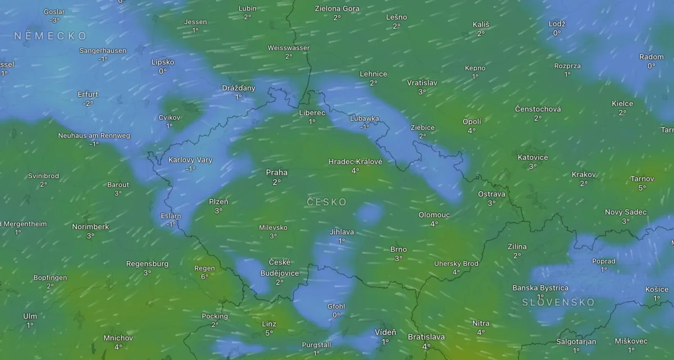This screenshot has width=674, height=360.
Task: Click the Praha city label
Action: (276, 172)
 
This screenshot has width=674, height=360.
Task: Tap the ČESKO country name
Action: (327, 202)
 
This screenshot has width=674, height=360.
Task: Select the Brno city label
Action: (398, 249)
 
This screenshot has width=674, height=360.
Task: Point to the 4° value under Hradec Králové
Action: (355, 171)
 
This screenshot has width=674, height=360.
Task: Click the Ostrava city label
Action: (491, 194)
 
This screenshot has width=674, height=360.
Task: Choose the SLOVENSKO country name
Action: (558, 302)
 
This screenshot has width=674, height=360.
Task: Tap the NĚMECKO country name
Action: (51, 36)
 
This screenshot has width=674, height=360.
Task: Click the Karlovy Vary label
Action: (190, 160)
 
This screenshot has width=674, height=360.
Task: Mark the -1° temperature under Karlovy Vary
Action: (190, 169)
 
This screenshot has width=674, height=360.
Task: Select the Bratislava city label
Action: (426, 337)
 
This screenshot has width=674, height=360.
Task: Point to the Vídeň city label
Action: (385, 332)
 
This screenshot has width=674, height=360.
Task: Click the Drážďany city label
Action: (239, 88)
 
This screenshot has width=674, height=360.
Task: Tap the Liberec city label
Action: (312, 112)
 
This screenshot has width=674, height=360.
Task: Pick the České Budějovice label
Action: (280, 267)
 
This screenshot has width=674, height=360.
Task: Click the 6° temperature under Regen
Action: (204, 277)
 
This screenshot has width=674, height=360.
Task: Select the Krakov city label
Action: (584, 174)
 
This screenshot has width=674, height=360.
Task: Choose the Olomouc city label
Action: (434, 215)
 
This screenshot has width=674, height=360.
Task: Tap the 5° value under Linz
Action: (269, 333)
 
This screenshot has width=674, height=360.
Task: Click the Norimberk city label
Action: (90, 227)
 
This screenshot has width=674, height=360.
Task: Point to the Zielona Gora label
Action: (337, 8)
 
